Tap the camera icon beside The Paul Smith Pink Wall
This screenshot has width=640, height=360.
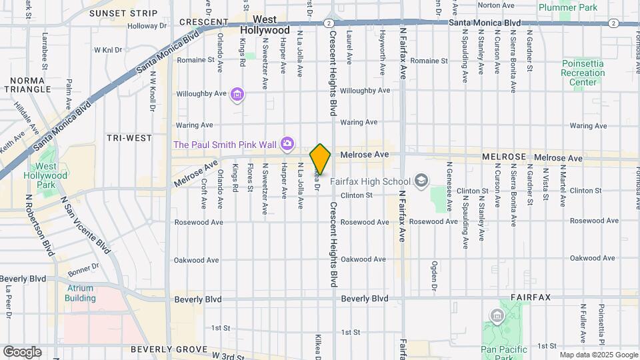[x=287, y=143]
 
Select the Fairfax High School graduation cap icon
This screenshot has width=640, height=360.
[x=421, y=181]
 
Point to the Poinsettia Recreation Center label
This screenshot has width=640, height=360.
[x=583, y=73]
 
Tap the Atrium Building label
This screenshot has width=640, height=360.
[x=80, y=293]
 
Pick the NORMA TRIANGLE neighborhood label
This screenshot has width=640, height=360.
[x=27, y=85]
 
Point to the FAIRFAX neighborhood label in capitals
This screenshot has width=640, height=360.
[x=531, y=297]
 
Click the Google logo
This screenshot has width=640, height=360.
[x=21, y=351]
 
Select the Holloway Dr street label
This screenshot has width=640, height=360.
[x=147, y=27]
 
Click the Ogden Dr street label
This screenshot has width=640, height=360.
[x=433, y=275]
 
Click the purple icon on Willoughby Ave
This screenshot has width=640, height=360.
[x=237, y=95]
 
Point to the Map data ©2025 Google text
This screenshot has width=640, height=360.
[x=599, y=355]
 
